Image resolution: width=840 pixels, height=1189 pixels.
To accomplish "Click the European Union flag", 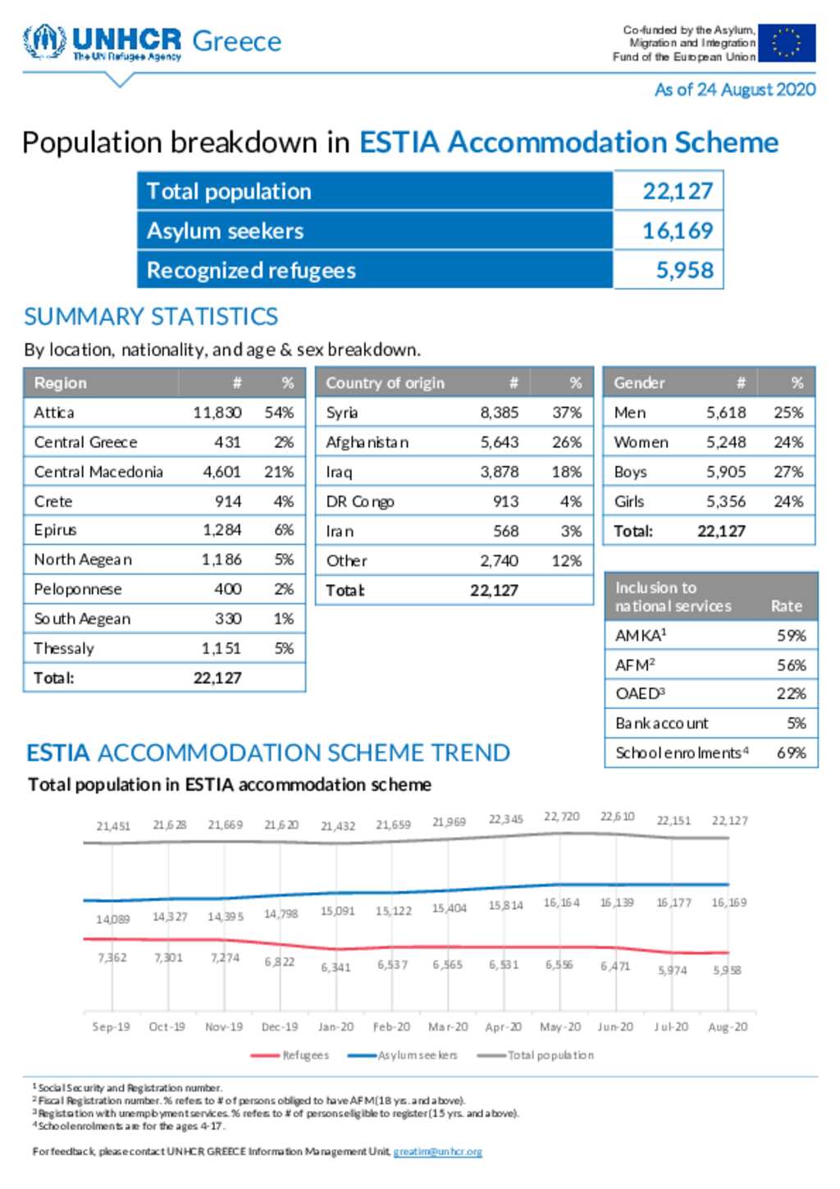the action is [787, 43].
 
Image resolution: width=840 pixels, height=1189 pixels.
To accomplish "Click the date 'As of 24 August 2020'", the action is [735, 89].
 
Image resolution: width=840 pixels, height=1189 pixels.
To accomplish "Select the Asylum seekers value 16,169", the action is [677, 231].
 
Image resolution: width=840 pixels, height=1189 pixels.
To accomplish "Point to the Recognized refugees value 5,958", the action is [684, 270].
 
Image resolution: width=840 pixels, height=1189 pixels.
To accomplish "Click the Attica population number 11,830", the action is [217, 413].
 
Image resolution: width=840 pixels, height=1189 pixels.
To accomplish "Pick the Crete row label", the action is [53, 501].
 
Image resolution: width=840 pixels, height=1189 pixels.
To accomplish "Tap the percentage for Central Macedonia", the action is [279, 472].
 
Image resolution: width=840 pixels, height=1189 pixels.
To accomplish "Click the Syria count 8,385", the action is [500, 413].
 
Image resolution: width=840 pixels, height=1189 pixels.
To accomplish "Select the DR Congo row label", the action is [360, 501].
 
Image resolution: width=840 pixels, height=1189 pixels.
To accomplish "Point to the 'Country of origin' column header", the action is [385, 382].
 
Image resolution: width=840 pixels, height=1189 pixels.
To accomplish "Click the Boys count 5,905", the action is [726, 472].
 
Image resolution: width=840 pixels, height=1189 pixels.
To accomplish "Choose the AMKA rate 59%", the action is [791, 635].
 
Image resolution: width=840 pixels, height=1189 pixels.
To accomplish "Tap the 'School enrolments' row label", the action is [682, 752].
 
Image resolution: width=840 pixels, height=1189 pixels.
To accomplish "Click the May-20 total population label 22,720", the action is [561, 816].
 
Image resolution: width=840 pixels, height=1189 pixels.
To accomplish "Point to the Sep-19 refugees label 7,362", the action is [112, 958].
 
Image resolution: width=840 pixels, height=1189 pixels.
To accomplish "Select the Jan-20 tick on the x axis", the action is [336, 1027].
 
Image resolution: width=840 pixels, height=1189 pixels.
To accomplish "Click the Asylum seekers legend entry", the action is [403, 1055].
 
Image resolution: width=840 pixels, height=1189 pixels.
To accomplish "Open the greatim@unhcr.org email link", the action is [437, 1151].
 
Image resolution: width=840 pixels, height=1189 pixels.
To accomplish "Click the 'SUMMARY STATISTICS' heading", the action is [151, 317].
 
